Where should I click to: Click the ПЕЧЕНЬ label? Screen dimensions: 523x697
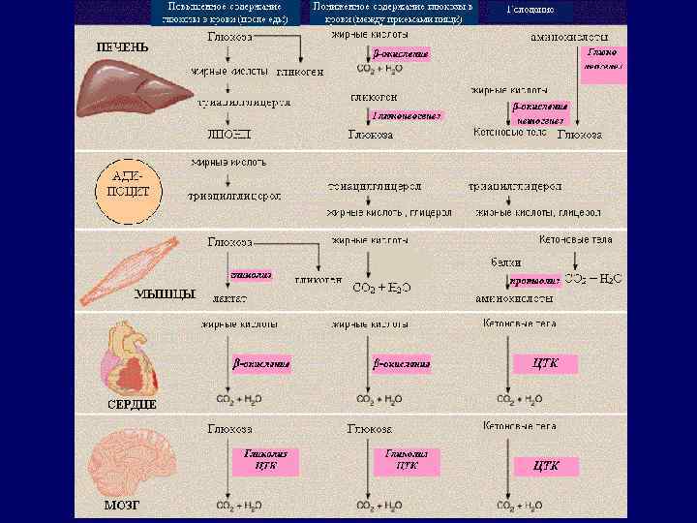click(x=123, y=46)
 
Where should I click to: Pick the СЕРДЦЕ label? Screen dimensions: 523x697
click(x=132, y=403)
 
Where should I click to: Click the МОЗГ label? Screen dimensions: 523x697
click(x=122, y=506)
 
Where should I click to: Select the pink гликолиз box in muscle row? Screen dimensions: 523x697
click(x=250, y=275)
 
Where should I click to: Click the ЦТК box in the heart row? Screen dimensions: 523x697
click(x=546, y=363)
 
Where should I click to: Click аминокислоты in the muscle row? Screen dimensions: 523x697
click(x=513, y=300)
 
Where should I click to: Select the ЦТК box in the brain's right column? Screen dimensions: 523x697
click(x=546, y=465)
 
